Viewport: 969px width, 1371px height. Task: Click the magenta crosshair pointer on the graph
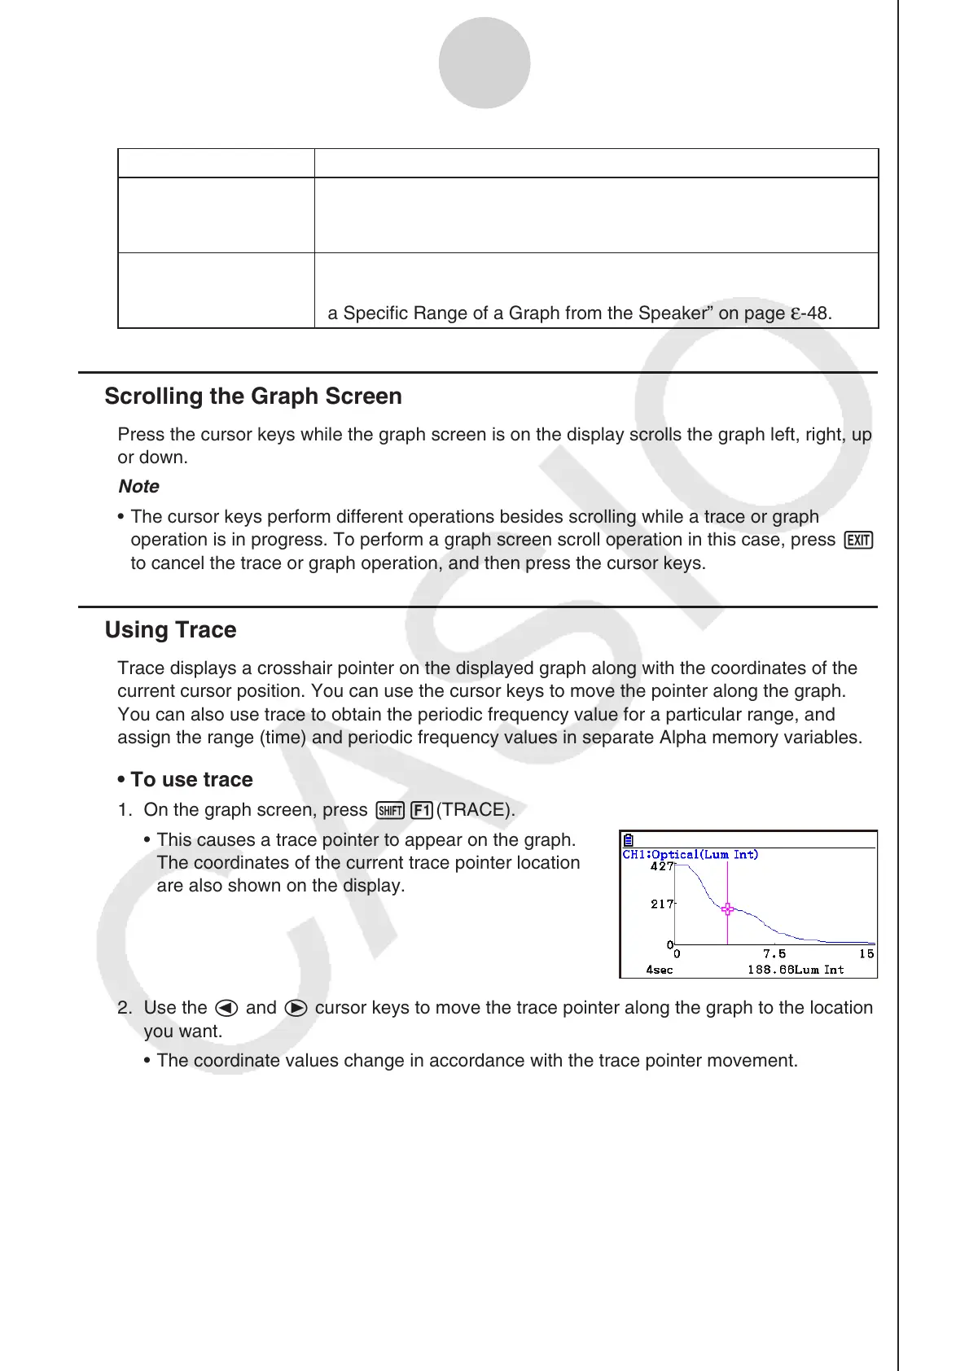pyautogui.click(x=727, y=909)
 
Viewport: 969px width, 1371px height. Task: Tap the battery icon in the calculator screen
pyautogui.click(x=629, y=840)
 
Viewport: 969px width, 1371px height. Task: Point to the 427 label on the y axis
pyautogui.click(x=662, y=866)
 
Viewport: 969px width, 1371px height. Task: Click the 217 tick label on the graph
pyautogui.click(x=662, y=904)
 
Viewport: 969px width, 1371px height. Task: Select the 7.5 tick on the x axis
pyautogui.click(x=774, y=953)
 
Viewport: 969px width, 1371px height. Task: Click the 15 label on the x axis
pyautogui.click(x=866, y=953)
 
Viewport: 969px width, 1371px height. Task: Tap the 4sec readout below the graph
pyautogui.click(x=660, y=970)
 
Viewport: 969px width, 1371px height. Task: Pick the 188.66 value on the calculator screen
pyautogui.click(x=769, y=970)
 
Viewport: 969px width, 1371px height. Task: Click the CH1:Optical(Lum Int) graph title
pyautogui.click(x=691, y=854)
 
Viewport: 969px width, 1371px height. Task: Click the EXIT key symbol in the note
pyautogui.click(x=859, y=541)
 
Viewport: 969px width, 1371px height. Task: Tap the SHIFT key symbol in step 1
pyautogui.click(x=391, y=810)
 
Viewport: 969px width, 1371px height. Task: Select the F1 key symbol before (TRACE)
pyautogui.click(x=421, y=810)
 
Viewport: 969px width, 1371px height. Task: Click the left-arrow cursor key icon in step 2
pyautogui.click(x=226, y=1008)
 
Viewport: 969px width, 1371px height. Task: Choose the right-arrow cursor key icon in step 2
pyautogui.click(x=296, y=1008)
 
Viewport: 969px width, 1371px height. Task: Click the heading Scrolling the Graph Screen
pyautogui.click(x=253, y=396)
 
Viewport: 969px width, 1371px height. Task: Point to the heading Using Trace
pyautogui.click(x=171, y=630)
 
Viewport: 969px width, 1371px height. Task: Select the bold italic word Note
pyautogui.click(x=139, y=487)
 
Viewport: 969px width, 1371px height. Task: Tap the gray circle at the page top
pyautogui.click(x=484, y=63)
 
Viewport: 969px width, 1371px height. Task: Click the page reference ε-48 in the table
pyautogui.click(x=811, y=313)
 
